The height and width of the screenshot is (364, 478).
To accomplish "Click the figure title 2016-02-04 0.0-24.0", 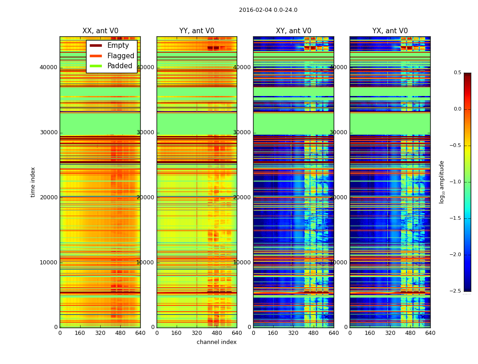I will [x=268, y=10].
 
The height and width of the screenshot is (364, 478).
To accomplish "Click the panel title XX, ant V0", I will [x=100, y=31].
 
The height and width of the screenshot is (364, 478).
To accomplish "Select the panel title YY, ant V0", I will [x=197, y=31].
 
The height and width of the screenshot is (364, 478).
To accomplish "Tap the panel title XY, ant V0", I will [x=294, y=31].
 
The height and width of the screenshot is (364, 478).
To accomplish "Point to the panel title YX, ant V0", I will [x=390, y=31].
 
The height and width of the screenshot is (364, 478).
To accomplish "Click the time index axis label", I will [x=33, y=182].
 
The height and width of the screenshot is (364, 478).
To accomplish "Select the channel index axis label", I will [x=217, y=342].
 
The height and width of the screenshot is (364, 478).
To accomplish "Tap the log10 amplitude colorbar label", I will [x=442, y=182].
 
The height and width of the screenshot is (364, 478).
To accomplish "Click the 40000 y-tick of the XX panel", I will [x=49, y=67].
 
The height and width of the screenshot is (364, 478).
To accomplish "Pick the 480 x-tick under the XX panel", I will [x=120, y=333].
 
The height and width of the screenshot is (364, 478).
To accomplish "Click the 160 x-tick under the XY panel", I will [x=273, y=333].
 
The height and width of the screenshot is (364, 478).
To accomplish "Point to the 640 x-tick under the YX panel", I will [x=430, y=333].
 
